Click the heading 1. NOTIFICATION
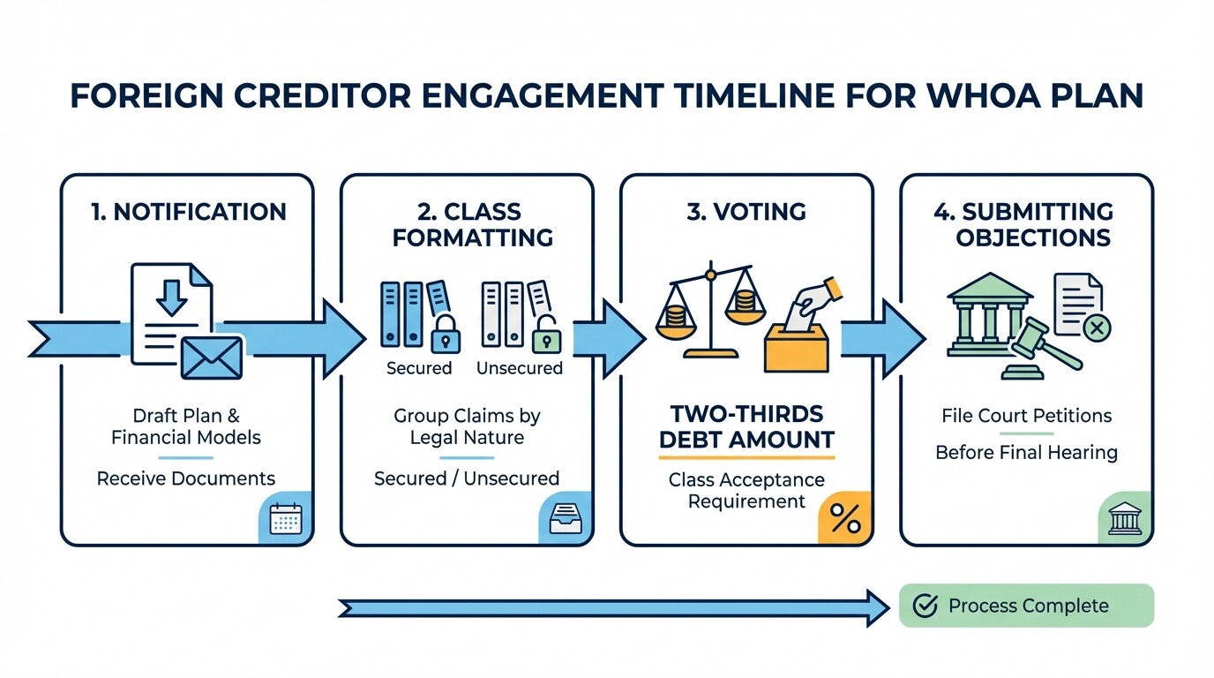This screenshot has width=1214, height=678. point(188,212)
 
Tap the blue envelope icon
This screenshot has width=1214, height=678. point(212,357)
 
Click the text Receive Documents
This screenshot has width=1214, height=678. point(186,478)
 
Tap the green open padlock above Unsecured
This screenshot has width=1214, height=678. point(546,335)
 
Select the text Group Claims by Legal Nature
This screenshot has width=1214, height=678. point(467,426)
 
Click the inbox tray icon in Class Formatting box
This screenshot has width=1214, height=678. point(566,518)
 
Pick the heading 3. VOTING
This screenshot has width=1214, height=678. point(746,212)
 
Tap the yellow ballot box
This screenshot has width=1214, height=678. point(797,347)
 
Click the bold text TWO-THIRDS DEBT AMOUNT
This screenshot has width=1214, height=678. point(746,426)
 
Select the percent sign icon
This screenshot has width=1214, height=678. point(844,518)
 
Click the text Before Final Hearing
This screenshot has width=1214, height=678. point(1026,453)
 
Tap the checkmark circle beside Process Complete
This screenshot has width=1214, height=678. point(925,606)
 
